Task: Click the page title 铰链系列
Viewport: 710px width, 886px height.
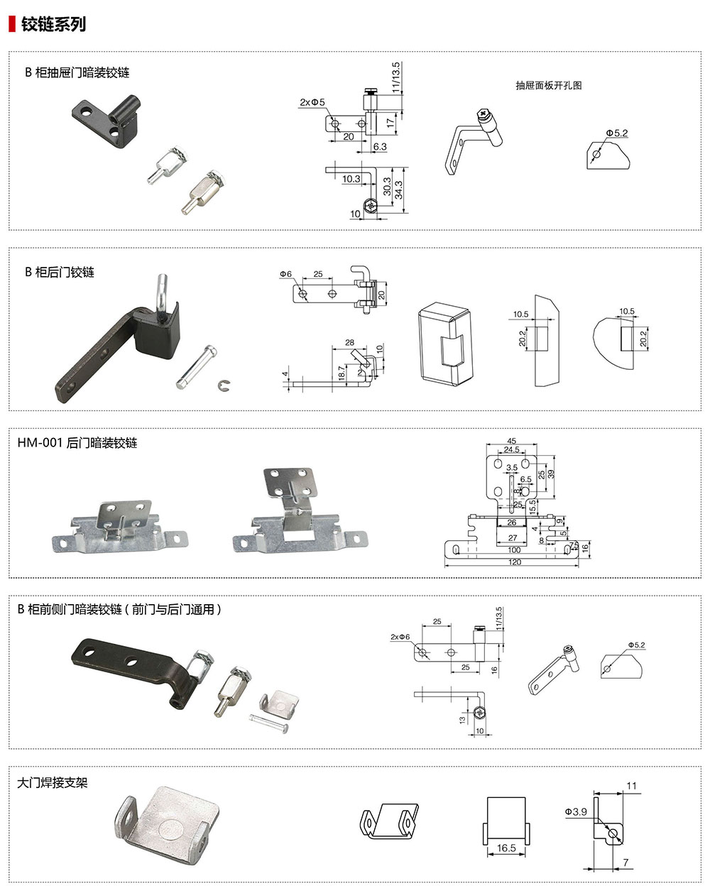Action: pyautogui.click(x=53, y=23)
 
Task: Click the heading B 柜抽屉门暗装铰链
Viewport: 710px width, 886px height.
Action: pyautogui.click(x=77, y=72)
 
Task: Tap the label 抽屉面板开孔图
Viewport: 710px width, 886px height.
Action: pyautogui.click(x=548, y=85)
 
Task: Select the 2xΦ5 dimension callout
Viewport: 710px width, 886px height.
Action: pyautogui.click(x=312, y=102)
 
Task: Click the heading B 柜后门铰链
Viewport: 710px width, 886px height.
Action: pyautogui.click(x=60, y=272)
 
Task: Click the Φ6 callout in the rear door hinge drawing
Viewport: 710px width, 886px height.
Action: pyautogui.click(x=285, y=274)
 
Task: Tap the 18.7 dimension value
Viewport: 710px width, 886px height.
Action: pyautogui.click(x=342, y=372)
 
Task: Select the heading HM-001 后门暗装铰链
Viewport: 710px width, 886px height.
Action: pyautogui.click(x=77, y=443)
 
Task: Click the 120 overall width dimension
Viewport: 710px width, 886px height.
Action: pyautogui.click(x=515, y=562)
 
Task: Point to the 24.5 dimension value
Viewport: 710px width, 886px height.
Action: pyautogui.click(x=511, y=450)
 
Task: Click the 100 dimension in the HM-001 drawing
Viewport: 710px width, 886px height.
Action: pyautogui.click(x=514, y=549)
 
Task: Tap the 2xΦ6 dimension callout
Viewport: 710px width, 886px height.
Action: pyautogui.click(x=400, y=637)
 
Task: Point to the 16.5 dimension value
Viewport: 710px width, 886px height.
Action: pyautogui.click(x=506, y=848)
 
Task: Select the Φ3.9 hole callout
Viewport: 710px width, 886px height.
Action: pyautogui.click(x=576, y=811)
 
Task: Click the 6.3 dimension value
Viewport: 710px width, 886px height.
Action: pyautogui.click(x=380, y=147)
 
